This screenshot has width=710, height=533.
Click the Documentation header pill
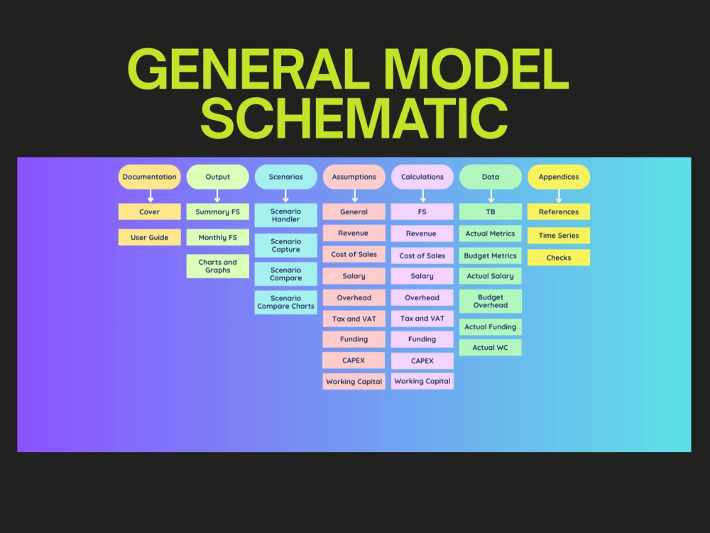click(149, 177)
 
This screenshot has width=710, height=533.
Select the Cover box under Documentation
click(149, 211)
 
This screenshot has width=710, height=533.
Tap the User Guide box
click(149, 238)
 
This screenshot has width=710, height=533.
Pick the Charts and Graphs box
click(218, 266)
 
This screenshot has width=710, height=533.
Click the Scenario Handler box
click(285, 215)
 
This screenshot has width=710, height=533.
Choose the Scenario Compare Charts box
click(285, 302)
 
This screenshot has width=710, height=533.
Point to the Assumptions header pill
click(354, 177)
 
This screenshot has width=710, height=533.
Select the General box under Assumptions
click(354, 211)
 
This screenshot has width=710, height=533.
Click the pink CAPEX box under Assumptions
click(354, 361)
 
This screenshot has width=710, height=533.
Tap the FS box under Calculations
click(422, 211)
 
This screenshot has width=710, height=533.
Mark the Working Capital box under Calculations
click(422, 381)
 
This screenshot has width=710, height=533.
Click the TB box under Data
click(491, 211)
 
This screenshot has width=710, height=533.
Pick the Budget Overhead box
click(491, 302)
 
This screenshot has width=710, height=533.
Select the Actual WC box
click(491, 348)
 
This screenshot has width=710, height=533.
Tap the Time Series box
click(559, 236)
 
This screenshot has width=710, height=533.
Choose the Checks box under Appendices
click(559, 258)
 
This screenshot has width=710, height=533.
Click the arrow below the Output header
click(217, 196)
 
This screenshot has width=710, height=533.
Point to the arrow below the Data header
click(491, 196)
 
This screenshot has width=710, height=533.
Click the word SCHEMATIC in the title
click(354, 118)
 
